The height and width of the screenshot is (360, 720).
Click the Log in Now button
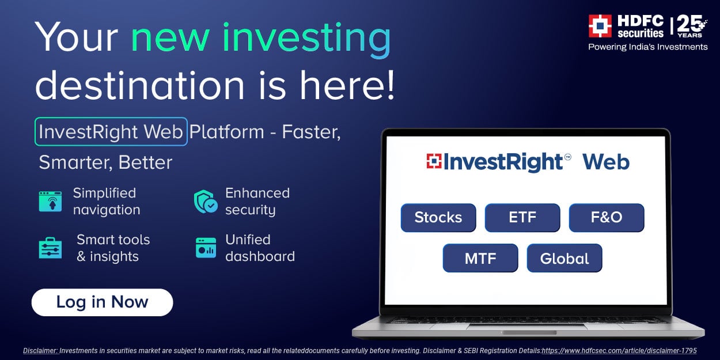(102, 302)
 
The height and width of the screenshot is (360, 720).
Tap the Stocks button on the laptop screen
(438, 218)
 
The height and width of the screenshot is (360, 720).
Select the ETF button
(522, 218)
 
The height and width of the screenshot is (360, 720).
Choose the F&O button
(607, 218)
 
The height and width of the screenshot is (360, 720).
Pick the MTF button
(480, 258)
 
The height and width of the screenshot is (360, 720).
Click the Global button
(564, 258)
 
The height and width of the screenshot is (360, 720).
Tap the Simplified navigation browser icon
(50, 201)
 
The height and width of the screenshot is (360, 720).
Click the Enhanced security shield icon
(206, 202)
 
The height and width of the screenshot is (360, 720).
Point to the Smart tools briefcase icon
(50, 248)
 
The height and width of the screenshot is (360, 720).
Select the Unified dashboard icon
(206, 248)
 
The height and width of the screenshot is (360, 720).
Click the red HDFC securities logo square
(600, 26)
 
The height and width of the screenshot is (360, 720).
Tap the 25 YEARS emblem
(691, 26)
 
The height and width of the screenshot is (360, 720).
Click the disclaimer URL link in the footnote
(619, 351)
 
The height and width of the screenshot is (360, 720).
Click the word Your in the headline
(77, 37)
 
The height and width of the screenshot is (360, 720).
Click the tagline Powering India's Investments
(648, 47)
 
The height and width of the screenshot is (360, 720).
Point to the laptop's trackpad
(529, 333)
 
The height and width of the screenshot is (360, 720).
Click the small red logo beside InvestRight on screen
(434, 161)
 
